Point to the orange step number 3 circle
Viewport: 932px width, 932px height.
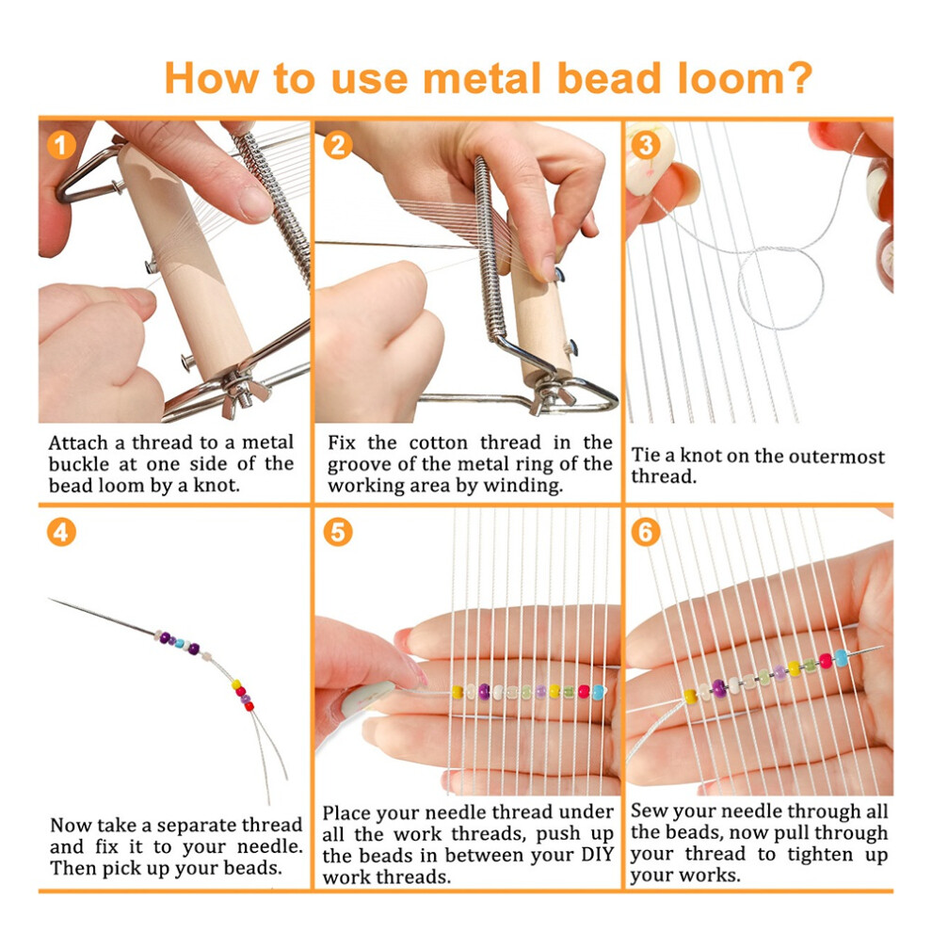coord(646,144)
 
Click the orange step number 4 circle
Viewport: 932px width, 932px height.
coord(61,532)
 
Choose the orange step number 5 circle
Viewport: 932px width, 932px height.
coord(338,532)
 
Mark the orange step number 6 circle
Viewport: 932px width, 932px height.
coord(646,532)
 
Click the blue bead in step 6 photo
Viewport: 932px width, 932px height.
coord(841,657)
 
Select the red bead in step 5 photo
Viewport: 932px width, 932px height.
coord(584,692)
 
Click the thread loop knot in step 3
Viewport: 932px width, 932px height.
coord(780,288)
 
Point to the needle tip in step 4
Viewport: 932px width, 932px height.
coord(50,599)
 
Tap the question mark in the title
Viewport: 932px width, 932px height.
coord(800,77)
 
